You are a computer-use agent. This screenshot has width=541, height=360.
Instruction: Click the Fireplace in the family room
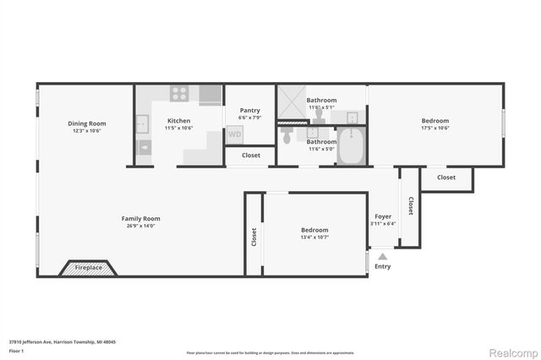click(x=89, y=267)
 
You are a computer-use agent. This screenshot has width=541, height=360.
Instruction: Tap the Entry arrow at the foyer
click(x=382, y=257)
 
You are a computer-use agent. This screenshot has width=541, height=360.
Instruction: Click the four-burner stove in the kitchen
click(x=179, y=94)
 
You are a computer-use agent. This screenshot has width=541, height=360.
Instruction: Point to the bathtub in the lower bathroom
click(x=349, y=146)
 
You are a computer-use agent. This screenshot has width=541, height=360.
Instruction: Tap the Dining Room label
click(x=87, y=123)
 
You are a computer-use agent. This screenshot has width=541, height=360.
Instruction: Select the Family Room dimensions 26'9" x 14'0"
click(x=140, y=226)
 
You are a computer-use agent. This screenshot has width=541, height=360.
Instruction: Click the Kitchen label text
click(x=178, y=121)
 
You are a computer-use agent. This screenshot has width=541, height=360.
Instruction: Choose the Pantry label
click(x=250, y=111)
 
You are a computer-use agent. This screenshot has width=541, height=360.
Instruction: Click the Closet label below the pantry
click(x=251, y=155)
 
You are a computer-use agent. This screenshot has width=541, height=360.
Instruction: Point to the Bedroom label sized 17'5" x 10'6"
click(x=435, y=121)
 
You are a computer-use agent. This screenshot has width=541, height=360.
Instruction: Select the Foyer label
click(x=383, y=216)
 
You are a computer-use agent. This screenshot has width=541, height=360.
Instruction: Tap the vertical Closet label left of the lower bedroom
click(x=254, y=237)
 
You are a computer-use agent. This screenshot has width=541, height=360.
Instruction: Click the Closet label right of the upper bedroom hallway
click(x=446, y=177)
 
